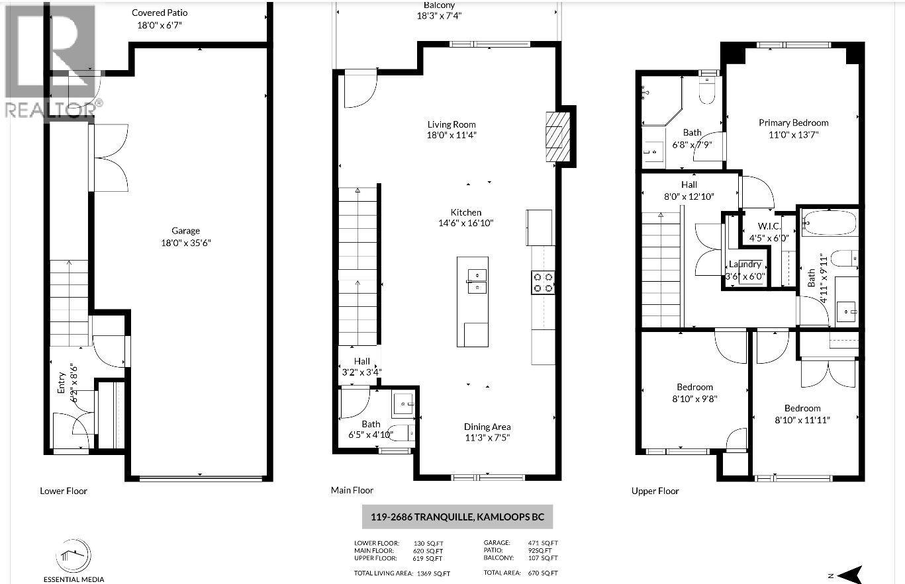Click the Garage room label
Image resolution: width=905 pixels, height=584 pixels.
(x=185, y=231)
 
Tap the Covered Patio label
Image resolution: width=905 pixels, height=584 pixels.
(x=159, y=13)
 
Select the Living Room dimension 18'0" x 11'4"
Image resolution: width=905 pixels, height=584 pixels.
(x=452, y=136)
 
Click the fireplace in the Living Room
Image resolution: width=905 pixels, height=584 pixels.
(x=557, y=137)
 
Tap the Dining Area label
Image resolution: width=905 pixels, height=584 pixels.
(x=487, y=427)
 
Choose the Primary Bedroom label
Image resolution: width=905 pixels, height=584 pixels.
(x=793, y=122)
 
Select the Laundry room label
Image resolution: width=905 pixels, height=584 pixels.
(x=745, y=265)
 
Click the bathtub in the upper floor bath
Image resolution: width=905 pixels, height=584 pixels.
(x=830, y=224)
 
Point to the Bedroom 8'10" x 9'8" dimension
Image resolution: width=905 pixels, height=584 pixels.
(x=694, y=399)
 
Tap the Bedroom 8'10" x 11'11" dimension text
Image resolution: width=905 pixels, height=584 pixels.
(x=802, y=420)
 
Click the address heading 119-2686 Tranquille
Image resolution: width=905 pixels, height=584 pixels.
(x=456, y=517)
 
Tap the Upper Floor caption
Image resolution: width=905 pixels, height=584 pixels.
(x=655, y=491)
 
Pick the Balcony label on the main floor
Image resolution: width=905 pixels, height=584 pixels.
(x=439, y=5)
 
